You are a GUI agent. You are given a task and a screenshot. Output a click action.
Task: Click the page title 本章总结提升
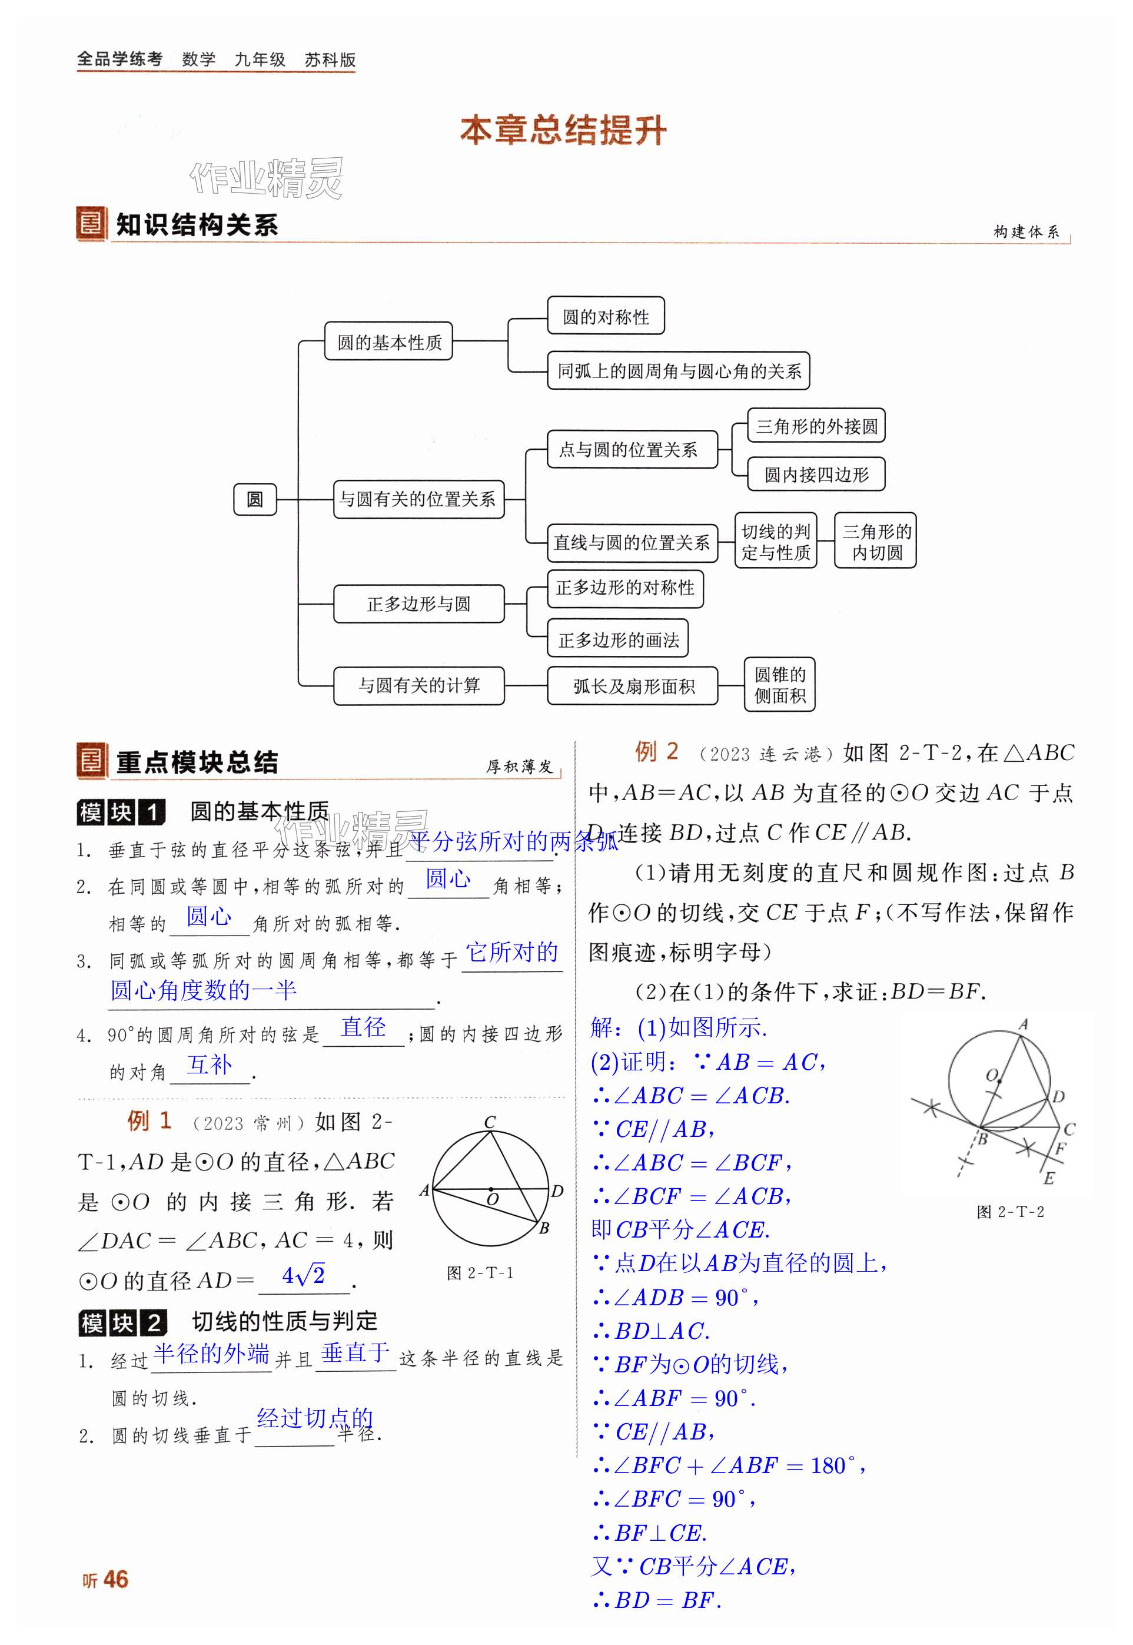click(x=563, y=131)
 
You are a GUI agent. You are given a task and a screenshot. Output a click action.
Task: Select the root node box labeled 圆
click(x=255, y=499)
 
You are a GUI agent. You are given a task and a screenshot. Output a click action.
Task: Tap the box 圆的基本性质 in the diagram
click(x=388, y=341)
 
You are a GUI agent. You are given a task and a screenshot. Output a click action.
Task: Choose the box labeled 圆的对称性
click(x=606, y=316)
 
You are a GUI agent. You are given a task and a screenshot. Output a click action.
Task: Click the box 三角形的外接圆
click(x=816, y=426)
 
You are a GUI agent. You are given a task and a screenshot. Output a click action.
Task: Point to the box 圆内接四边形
click(x=816, y=475)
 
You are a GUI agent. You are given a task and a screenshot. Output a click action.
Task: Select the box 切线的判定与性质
click(x=775, y=541)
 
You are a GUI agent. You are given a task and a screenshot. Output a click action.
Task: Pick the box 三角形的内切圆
click(x=875, y=541)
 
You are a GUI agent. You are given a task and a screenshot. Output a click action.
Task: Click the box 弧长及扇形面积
click(x=633, y=686)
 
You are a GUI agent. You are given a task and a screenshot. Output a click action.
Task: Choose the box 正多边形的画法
click(x=617, y=639)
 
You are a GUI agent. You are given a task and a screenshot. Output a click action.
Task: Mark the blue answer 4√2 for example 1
click(x=303, y=1276)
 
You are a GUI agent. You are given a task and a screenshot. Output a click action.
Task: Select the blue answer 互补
click(x=210, y=1065)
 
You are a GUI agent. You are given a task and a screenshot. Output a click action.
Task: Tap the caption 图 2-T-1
click(x=480, y=1273)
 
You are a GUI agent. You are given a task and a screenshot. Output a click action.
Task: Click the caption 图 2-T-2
click(x=1010, y=1212)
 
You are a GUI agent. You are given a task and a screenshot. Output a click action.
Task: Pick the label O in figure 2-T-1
click(x=493, y=1200)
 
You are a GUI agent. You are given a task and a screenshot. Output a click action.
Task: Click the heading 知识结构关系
click(x=197, y=225)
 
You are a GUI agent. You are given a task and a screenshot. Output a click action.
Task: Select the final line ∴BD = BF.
click(x=657, y=1600)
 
